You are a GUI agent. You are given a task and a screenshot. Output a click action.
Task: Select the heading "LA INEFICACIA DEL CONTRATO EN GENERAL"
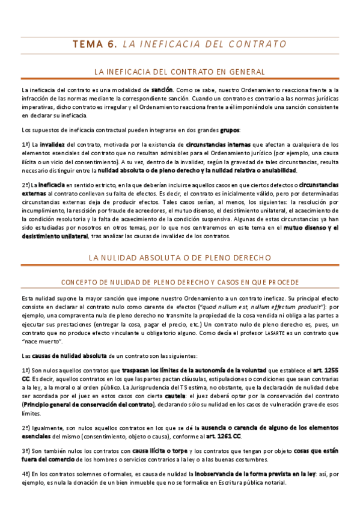point(180,72)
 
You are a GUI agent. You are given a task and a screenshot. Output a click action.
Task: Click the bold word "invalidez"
point(52,145)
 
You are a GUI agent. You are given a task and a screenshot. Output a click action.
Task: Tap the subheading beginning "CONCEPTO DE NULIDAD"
point(180,282)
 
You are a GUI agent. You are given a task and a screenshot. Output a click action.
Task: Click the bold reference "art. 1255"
point(325,371)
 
